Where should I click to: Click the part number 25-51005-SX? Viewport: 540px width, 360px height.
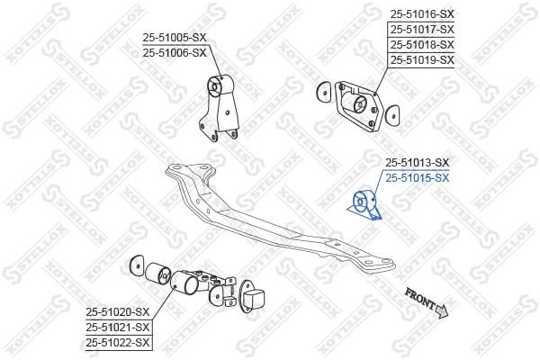175,37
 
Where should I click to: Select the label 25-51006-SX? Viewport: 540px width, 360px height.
175,53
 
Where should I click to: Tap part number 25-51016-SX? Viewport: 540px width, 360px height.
422,14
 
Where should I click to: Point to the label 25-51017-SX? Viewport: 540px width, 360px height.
422,30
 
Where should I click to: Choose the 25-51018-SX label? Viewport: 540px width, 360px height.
422,44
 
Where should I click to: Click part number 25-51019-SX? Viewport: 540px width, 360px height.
422,60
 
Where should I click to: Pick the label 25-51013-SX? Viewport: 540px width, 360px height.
418,162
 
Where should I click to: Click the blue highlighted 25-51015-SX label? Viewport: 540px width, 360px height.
418,178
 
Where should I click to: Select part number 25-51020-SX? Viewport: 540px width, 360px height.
118,312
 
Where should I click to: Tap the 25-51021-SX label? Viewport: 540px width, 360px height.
118,328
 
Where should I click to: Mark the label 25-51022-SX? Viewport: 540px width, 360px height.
118,342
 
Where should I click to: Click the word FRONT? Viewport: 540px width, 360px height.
420,298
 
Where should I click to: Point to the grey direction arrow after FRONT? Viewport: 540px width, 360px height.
442,310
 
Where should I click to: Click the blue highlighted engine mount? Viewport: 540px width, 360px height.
365,204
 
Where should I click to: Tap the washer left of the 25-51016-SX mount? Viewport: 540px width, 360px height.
323,92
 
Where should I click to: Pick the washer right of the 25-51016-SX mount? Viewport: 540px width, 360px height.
391,115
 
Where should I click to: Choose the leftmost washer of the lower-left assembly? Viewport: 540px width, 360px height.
137,265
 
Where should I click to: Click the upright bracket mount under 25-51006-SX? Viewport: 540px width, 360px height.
220,107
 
